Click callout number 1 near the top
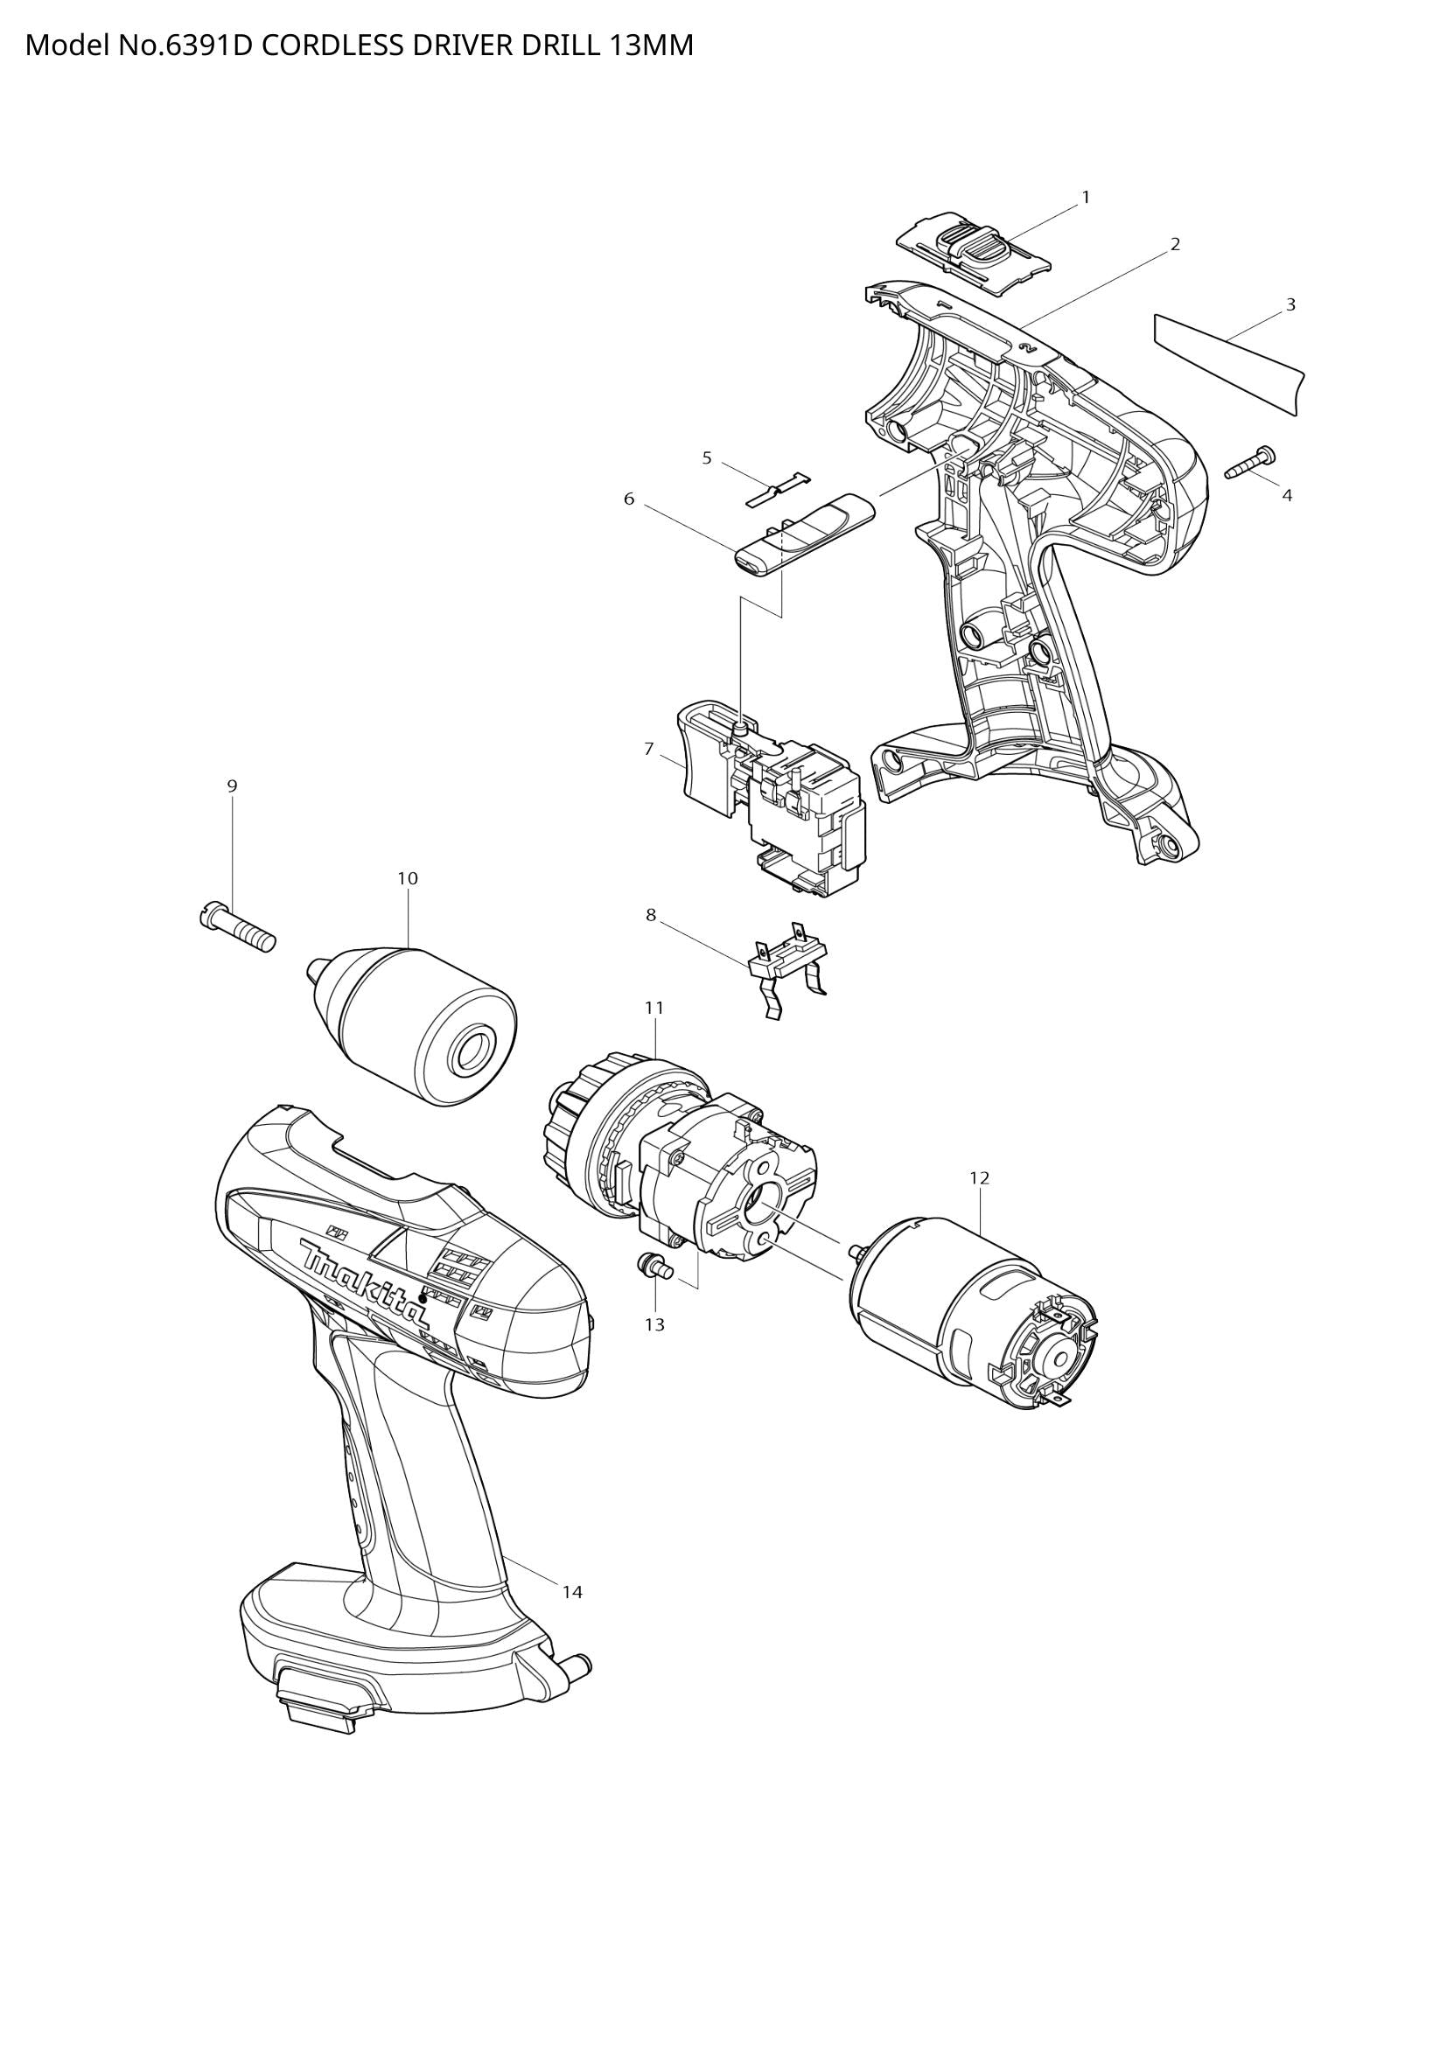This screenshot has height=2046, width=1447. tap(1085, 197)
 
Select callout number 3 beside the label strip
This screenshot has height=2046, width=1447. tap(1290, 304)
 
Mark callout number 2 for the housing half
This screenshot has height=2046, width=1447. tap(1175, 244)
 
